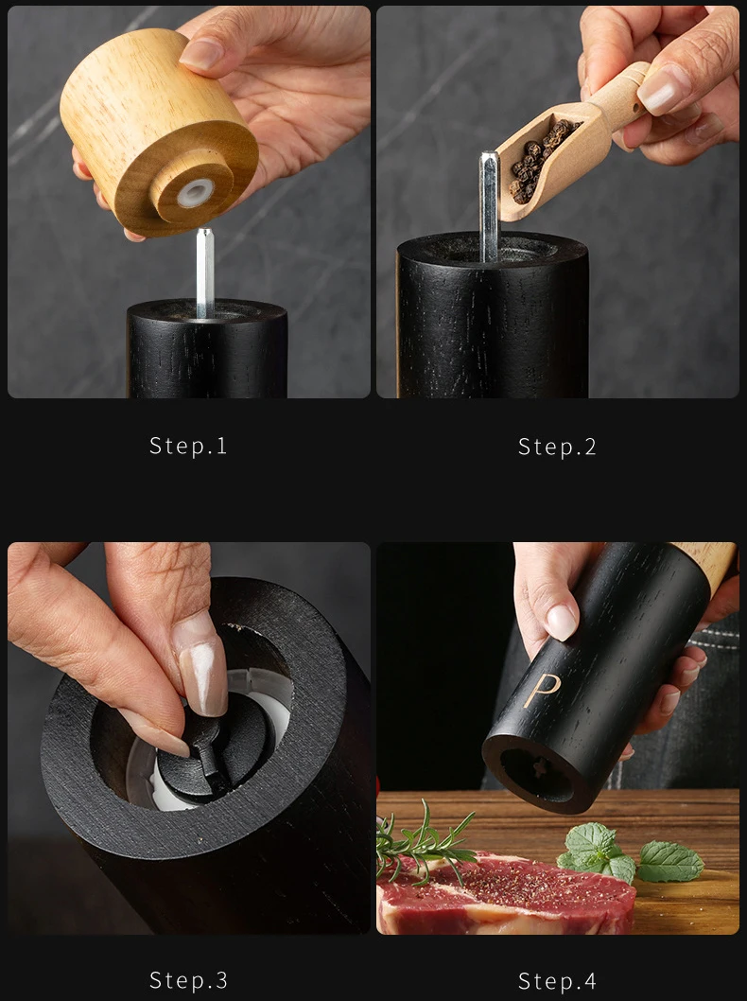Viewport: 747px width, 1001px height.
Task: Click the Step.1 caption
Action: (x=188, y=446)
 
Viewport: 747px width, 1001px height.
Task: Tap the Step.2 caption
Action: (x=557, y=447)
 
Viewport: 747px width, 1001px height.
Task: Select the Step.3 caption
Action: (x=188, y=980)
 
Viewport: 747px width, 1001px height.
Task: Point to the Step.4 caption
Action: (x=557, y=980)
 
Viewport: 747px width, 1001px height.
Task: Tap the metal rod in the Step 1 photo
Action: (x=205, y=273)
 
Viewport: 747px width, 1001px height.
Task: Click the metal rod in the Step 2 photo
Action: (x=488, y=205)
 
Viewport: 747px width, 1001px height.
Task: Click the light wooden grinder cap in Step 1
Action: (x=160, y=131)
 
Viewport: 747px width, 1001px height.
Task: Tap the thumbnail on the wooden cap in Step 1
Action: (x=201, y=54)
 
